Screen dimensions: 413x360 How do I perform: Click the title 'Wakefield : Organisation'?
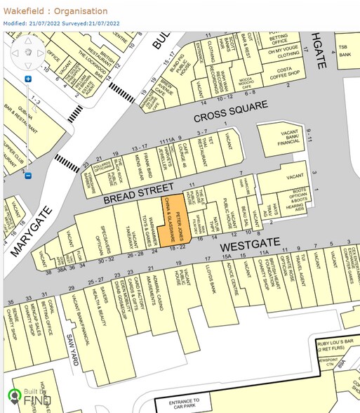pos(56,11)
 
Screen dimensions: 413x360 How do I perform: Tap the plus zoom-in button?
pos(28,79)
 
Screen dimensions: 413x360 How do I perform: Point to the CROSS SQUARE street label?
pos(231,112)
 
